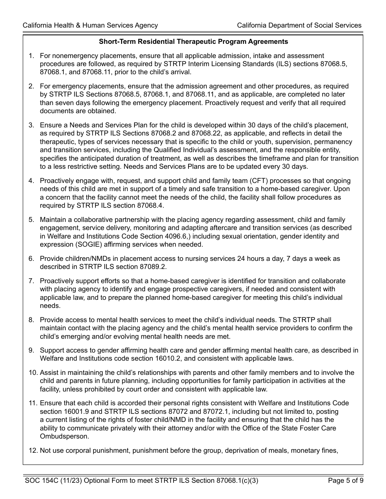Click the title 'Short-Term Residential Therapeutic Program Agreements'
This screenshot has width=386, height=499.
pyautogui.click(x=193, y=41)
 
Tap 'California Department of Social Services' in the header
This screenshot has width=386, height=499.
pyautogui.click(x=299, y=25)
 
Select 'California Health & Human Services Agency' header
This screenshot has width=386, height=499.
pyautogui.click(x=90, y=25)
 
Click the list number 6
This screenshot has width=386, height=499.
pyautogui.click(x=31, y=258)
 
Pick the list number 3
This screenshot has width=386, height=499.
pyautogui.click(x=31, y=125)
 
